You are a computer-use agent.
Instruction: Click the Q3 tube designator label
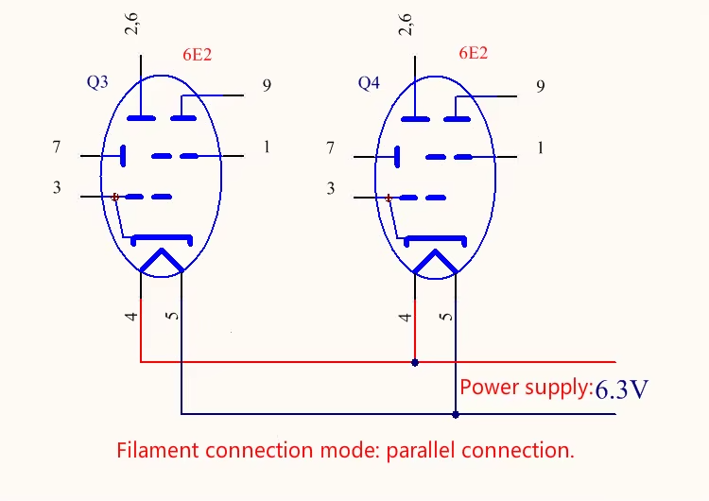point(97,82)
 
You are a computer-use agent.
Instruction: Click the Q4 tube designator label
point(369,83)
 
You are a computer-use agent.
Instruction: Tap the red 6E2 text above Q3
point(197,55)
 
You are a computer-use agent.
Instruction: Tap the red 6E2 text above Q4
point(473,53)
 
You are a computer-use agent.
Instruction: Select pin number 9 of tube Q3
point(268,86)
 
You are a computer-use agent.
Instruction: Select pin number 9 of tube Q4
point(540,87)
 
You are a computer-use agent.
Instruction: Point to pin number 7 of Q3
point(57,147)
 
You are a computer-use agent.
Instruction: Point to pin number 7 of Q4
point(330,147)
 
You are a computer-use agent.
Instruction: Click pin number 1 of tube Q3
point(267,147)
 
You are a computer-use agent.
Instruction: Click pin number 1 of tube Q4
point(540,147)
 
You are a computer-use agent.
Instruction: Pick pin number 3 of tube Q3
point(57,188)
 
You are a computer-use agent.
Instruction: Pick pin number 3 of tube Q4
point(330,189)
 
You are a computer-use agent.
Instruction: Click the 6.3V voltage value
point(621,389)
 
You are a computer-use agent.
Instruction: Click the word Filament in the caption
point(152,450)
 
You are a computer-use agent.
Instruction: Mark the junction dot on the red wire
point(415,362)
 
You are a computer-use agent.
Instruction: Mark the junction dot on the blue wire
point(456,414)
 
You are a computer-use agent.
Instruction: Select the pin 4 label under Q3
point(132,316)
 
